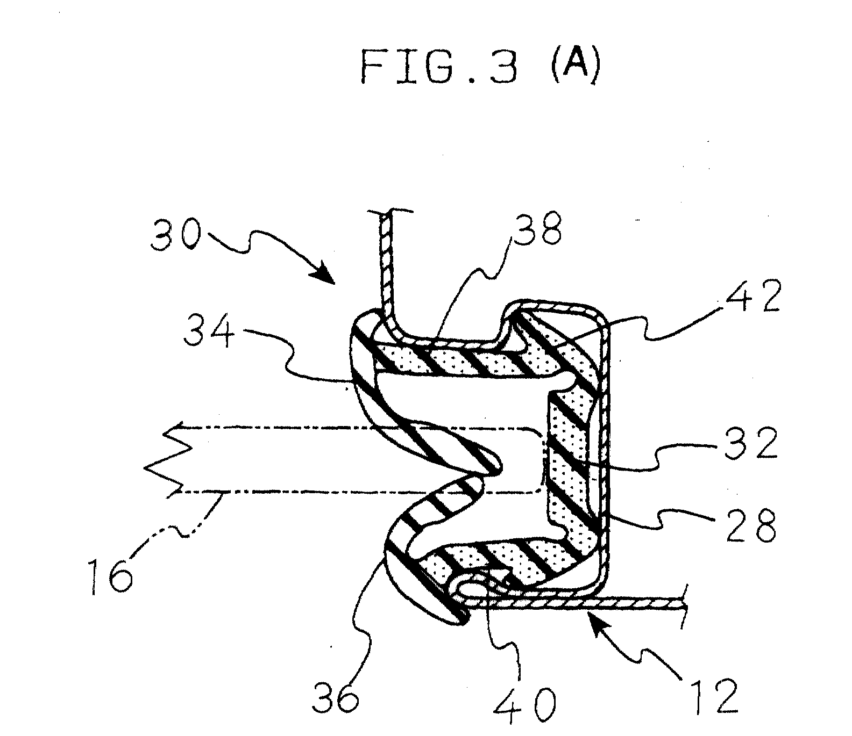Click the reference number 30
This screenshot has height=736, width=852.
tap(175, 236)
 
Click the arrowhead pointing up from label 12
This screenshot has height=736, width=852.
tap(598, 620)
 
